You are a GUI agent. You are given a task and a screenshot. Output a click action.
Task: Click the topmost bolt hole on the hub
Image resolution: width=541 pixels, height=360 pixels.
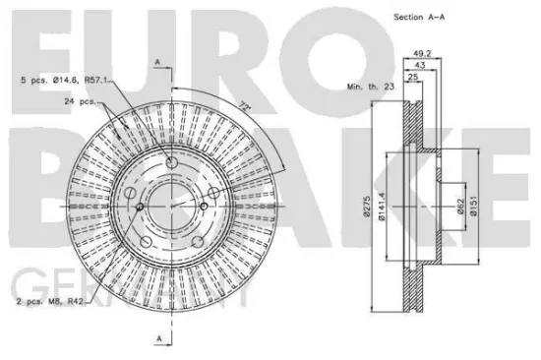[x=171, y=162]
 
